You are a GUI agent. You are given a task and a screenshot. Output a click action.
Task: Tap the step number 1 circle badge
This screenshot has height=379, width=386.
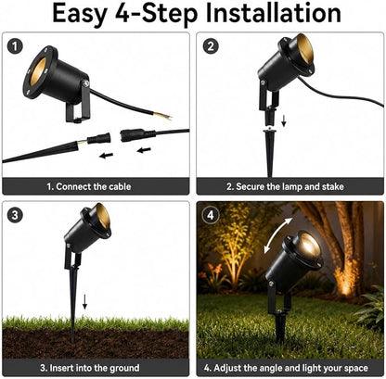tap(15, 47)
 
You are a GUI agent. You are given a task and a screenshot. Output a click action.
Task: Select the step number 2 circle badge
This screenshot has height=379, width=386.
tap(211, 46)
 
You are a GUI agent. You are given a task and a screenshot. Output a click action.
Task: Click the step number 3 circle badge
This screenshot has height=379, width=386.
tap(15, 215)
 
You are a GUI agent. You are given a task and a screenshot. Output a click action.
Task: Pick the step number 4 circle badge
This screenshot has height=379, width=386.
tap(211, 215)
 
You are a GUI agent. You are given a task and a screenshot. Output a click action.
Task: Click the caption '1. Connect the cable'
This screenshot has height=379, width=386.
tap(89, 186)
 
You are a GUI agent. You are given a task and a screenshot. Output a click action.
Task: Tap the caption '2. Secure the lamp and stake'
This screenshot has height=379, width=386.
tap(285, 186)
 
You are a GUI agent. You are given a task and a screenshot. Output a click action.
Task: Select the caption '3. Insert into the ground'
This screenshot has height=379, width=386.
tap(90, 368)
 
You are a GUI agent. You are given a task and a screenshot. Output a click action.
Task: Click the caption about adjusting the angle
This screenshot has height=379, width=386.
tap(286, 368)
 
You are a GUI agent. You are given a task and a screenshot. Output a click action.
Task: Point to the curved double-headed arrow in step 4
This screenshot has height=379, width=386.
tap(277, 235)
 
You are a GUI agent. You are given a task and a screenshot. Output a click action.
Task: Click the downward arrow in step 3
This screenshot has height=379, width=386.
tap(84, 301)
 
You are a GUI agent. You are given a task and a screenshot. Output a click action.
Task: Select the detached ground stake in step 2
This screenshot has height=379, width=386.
tap(270, 153)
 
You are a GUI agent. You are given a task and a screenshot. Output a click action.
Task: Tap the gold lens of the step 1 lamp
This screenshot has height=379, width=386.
tap(38, 70)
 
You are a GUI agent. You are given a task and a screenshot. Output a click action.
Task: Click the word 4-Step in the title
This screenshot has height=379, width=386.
tap(156, 14)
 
